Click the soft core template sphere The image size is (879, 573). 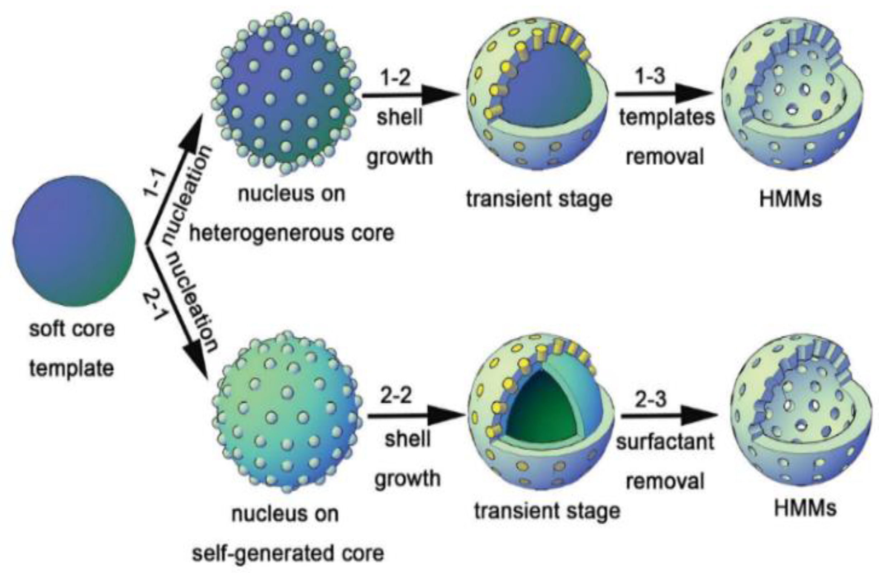(74, 241)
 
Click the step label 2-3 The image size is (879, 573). (651, 399)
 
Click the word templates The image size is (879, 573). (667, 118)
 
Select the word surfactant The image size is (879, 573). (665, 442)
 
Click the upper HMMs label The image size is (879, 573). (790, 200)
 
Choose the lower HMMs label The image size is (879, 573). (805, 509)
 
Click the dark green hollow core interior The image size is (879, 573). (539, 410)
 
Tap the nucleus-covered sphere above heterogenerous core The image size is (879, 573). (286, 92)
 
